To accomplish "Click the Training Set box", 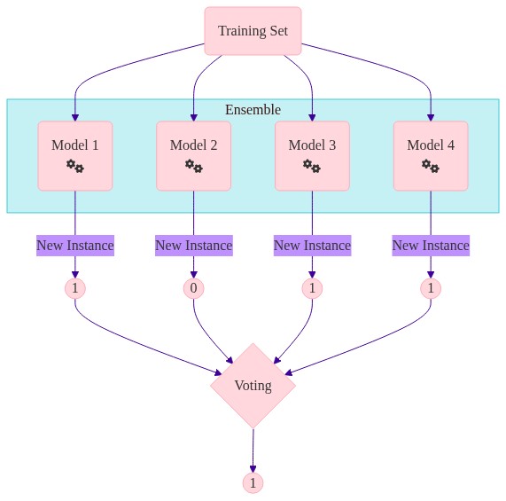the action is [x=253, y=31].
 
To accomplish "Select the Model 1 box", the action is [x=75, y=156].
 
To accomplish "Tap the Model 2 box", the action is [x=193, y=156].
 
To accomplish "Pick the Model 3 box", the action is [x=313, y=156].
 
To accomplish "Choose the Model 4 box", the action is [x=431, y=156].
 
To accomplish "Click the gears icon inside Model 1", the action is [x=75, y=166].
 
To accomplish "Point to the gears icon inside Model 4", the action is [x=431, y=166].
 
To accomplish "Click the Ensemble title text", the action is [x=253, y=110].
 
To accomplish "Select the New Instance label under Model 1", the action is [x=75, y=246].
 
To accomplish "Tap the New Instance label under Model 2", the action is [x=194, y=246].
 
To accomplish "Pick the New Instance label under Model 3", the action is [x=313, y=246].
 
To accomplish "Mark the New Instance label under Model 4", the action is [x=431, y=246].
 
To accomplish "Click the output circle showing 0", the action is [x=193, y=288].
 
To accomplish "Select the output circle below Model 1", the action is [x=75, y=288].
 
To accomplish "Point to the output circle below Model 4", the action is [x=431, y=288].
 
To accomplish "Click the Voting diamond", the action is [x=253, y=386].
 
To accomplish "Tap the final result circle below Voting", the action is [x=253, y=483].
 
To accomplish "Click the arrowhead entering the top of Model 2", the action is [x=193, y=118].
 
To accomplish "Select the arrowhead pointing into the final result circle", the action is [x=253, y=469].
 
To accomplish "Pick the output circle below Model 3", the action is [x=313, y=288].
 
